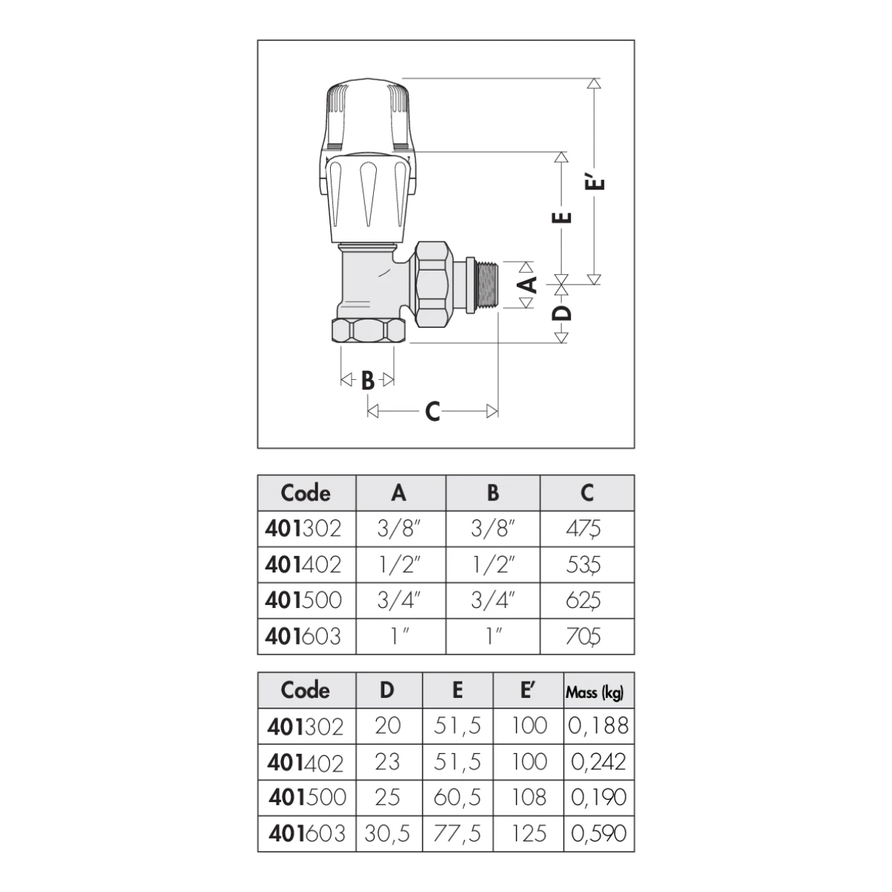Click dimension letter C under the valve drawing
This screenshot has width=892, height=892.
[433, 411]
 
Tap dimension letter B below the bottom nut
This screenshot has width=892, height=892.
[367, 381]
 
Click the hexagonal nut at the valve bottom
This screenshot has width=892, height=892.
[369, 331]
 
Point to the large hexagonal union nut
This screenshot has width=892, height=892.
[433, 284]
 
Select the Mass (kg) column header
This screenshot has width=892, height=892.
[595, 693]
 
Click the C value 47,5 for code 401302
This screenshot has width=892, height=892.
[584, 529]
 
